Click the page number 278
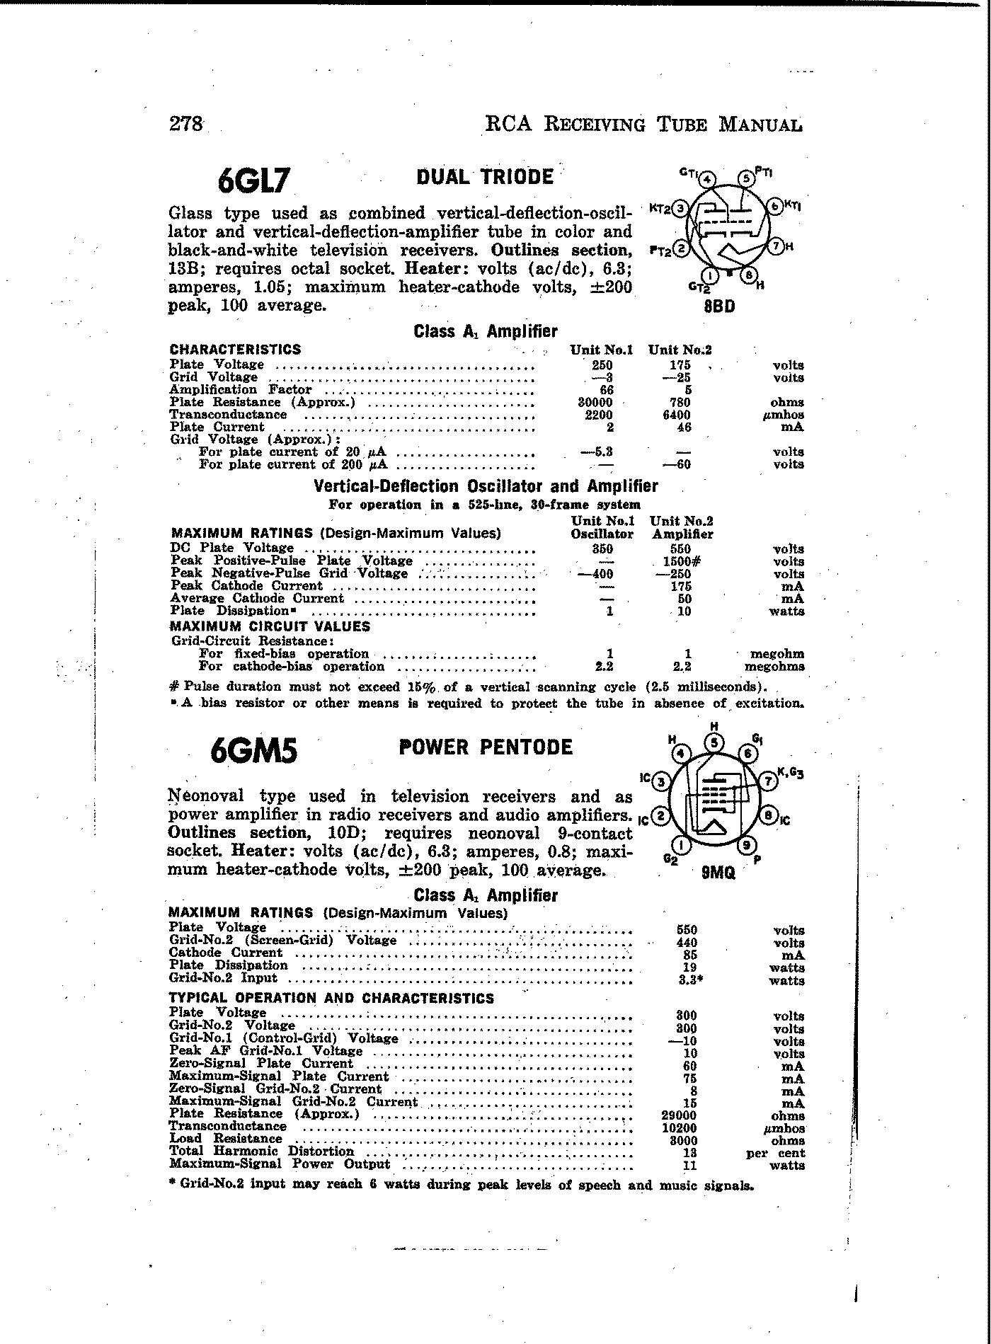pos(186,124)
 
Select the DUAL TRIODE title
pos(484,176)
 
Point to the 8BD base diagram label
pos(719,306)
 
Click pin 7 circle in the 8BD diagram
pos(777,246)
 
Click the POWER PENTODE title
pos(486,747)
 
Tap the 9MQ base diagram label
pos(718,873)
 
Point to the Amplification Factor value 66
pos(606,390)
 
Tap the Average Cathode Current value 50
pos(684,599)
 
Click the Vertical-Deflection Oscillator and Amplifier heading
pos(486,486)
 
